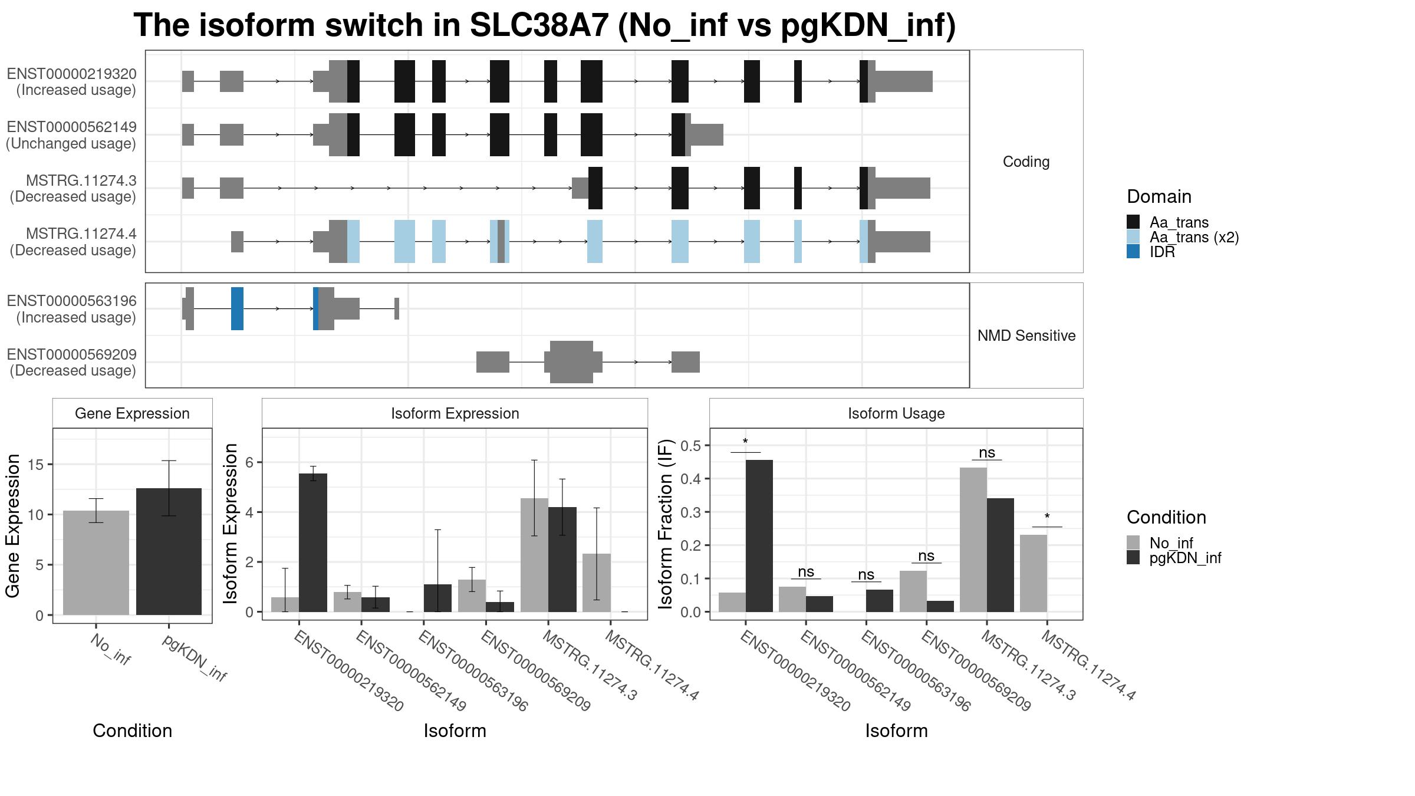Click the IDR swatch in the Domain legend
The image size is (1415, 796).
tap(1133, 252)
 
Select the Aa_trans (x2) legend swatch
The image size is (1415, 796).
tap(1133, 237)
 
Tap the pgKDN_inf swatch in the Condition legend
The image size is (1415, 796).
tap(1133, 558)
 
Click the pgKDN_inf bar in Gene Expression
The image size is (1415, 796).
tap(169, 551)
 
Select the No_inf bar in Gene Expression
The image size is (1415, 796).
tap(96, 563)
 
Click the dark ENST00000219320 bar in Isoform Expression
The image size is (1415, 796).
tap(313, 542)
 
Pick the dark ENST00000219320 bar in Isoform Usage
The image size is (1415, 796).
tap(759, 536)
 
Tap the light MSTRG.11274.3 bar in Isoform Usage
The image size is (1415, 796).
tap(973, 540)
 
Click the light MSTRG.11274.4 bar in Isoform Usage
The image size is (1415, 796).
tap(1034, 573)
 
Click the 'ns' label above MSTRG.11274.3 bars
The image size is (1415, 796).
tap(987, 452)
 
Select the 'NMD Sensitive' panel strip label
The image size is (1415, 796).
tap(1026, 335)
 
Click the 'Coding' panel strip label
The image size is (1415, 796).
tap(1026, 162)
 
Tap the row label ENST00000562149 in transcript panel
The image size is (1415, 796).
tap(71, 127)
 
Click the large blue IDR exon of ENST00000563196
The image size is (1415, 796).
tap(237, 308)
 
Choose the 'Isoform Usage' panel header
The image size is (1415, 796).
tap(896, 413)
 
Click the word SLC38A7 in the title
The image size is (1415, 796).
tap(539, 25)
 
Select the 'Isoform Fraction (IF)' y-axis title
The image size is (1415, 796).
tap(666, 524)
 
